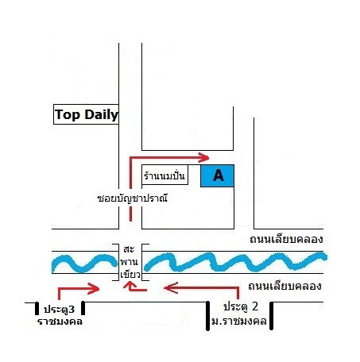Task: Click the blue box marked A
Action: [x=217, y=175]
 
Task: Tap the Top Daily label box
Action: [x=86, y=114]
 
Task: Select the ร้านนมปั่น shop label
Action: [x=165, y=175]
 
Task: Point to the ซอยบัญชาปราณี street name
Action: [x=132, y=198]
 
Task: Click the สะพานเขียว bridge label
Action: [x=130, y=262]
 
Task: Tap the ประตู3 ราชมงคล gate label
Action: [x=60, y=315]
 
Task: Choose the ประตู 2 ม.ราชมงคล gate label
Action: [x=238, y=314]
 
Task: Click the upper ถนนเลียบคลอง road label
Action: [x=286, y=239]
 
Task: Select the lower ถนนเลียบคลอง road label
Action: [x=285, y=286]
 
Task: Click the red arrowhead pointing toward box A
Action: [x=203, y=157]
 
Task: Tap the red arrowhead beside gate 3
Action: [x=94, y=288]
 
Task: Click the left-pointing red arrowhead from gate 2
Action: [x=170, y=287]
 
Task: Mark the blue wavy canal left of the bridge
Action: [x=84, y=264]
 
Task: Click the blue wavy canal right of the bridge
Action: [x=235, y=262]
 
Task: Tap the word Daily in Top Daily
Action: [x=101, y=115]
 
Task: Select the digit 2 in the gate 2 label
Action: [x=255, y=306]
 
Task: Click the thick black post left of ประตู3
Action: [x=37, y=309]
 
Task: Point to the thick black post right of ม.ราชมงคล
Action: [x=271, y=316]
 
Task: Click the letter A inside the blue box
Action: [x=219, y=175]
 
